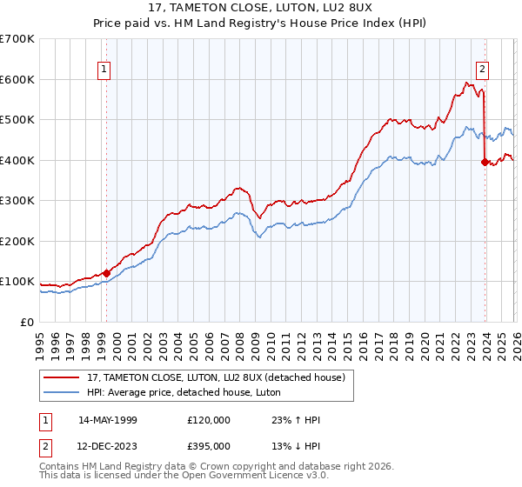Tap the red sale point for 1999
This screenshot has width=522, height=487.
106,273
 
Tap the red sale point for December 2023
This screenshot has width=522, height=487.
485,161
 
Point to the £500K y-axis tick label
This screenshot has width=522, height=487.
17,120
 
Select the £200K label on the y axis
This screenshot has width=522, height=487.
17,241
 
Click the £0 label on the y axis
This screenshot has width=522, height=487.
26,322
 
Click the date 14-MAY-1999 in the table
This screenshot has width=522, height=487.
107,420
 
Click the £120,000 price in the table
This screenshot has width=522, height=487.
209,420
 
